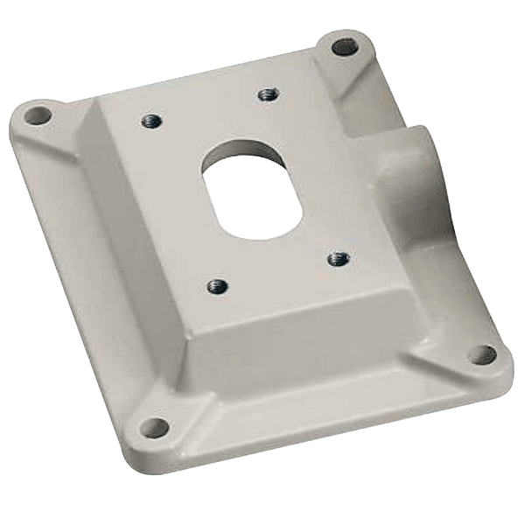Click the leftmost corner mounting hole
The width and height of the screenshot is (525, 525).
coord(36,114)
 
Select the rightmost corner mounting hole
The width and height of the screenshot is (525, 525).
coord(479,354)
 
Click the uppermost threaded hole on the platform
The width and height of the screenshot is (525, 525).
coord(266,94)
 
